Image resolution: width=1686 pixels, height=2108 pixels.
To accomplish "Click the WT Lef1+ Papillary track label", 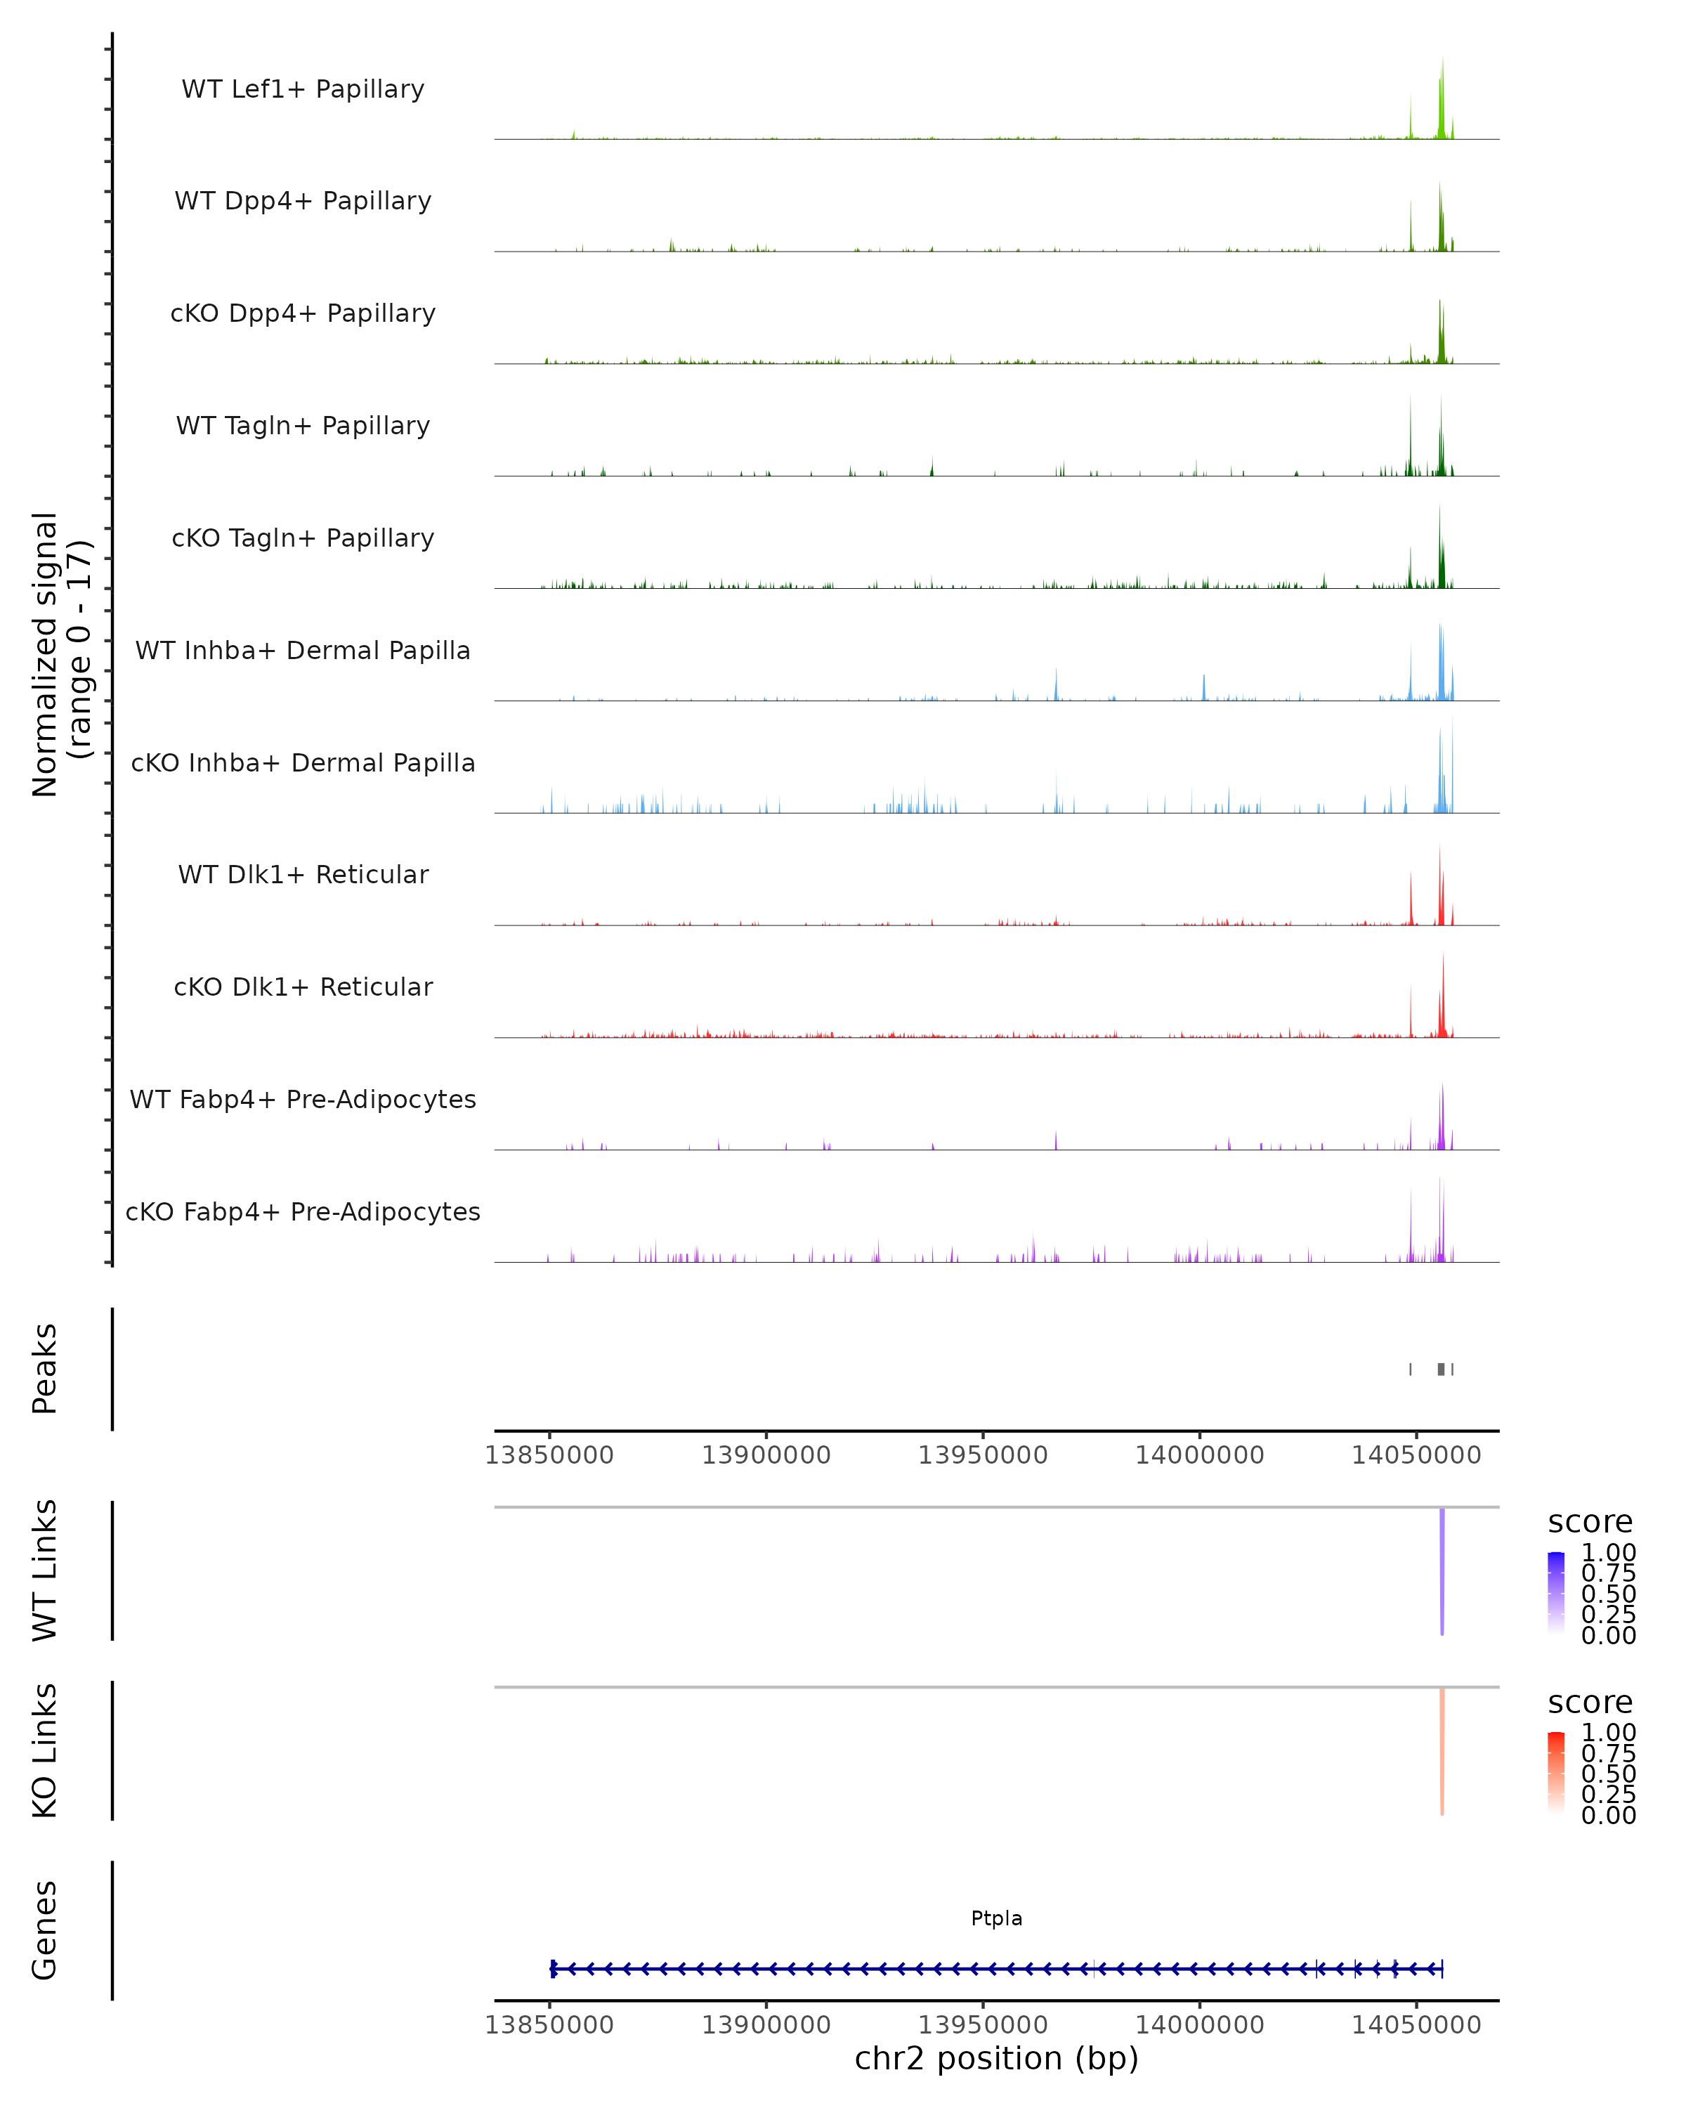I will pyautogui.click(x=303, y=89).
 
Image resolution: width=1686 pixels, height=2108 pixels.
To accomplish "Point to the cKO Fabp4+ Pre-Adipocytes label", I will pyautogui.click(x=303, y=1211).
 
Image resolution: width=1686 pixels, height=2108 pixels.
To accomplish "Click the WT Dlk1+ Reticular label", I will pyautogui.click(x=303, y=874).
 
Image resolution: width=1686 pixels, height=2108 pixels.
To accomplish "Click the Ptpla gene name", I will pyautogui.click(x=996, y=1918).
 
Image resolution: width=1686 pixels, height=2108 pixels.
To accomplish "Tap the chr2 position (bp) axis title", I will pyautogui.click(x=996, y=2058).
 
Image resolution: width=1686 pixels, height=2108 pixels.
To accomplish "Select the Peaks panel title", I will pyautogui.click(x=45, y=1368).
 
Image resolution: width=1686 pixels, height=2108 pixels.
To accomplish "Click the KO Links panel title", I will pyautogui.click(x=45, y=1750).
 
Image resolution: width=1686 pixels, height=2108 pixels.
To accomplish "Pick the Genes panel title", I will pyautogui.click(x=45, y=1930).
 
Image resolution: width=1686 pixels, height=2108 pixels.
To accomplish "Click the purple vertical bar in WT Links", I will pyautogui.click(x=1442, y=1570).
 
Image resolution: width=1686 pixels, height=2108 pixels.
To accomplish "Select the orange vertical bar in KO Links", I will pyautogui.click(x=1442, y=1750).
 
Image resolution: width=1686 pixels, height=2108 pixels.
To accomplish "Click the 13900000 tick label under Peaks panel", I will pyautogui.click(x=766, y=1455).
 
